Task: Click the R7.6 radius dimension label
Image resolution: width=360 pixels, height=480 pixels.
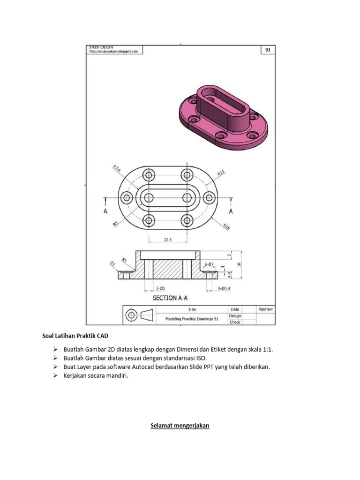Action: [117, 168]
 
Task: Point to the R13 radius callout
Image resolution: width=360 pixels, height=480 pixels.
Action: [221, 173]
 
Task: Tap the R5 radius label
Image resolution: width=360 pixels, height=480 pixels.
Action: [115, 224]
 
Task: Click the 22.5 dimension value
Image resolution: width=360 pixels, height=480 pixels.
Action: [167, 240]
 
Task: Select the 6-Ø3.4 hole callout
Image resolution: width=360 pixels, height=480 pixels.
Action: [225, 288]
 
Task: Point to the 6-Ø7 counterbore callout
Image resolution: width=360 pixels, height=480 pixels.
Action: [209, 264]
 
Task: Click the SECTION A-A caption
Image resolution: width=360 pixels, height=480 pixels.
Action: [171, 298]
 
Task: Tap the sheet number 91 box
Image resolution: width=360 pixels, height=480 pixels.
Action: [268, 50]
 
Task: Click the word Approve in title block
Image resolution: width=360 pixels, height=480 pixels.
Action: [265, 309]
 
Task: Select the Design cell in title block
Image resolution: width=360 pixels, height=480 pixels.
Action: [235, 315]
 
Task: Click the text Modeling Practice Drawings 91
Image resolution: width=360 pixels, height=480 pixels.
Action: [192, 318]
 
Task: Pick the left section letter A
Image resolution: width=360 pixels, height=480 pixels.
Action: [105, 211]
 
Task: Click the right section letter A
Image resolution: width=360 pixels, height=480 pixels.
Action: [231, 211]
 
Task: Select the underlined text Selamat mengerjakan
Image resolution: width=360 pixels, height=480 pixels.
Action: [180, 426]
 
